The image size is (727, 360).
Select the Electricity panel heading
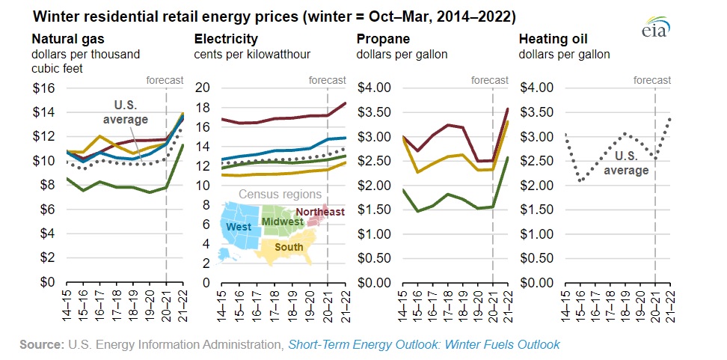tap(226, 39)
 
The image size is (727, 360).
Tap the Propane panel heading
tap(384, 39)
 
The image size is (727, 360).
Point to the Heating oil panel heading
tap(554, 39)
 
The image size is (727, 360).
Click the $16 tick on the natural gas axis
tap(44, 88)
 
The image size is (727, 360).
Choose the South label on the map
tap(289, 247)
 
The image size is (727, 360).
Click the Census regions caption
tap(275, 195)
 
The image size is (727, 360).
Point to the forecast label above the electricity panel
tap(327, 79)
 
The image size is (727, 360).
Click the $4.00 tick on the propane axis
tap(376, 88)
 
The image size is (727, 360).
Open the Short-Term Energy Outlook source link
tap(424, 344)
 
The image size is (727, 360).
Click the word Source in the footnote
tap(41, 344)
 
